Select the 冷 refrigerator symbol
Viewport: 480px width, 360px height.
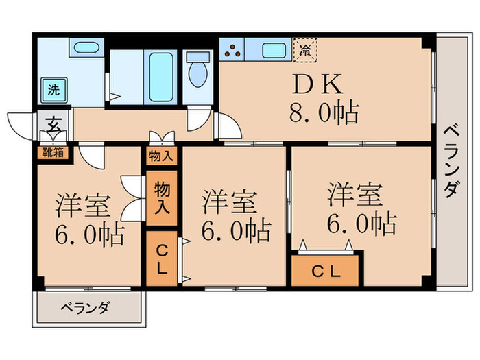pos(305,49)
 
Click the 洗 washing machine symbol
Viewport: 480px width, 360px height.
pos(52,88)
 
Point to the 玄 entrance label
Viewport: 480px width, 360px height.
pos(52,125)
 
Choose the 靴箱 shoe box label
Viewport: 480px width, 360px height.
pos(53,152)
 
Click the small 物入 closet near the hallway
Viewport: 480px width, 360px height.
pos(160,156)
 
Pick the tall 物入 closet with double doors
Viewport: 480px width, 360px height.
pos(161,197)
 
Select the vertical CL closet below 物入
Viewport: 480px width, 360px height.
pos(160,259)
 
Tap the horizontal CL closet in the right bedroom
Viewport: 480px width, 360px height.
pos(326,270)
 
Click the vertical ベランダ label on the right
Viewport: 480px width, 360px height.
pos(450,161)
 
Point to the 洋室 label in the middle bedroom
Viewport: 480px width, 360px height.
pos(230,202)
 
